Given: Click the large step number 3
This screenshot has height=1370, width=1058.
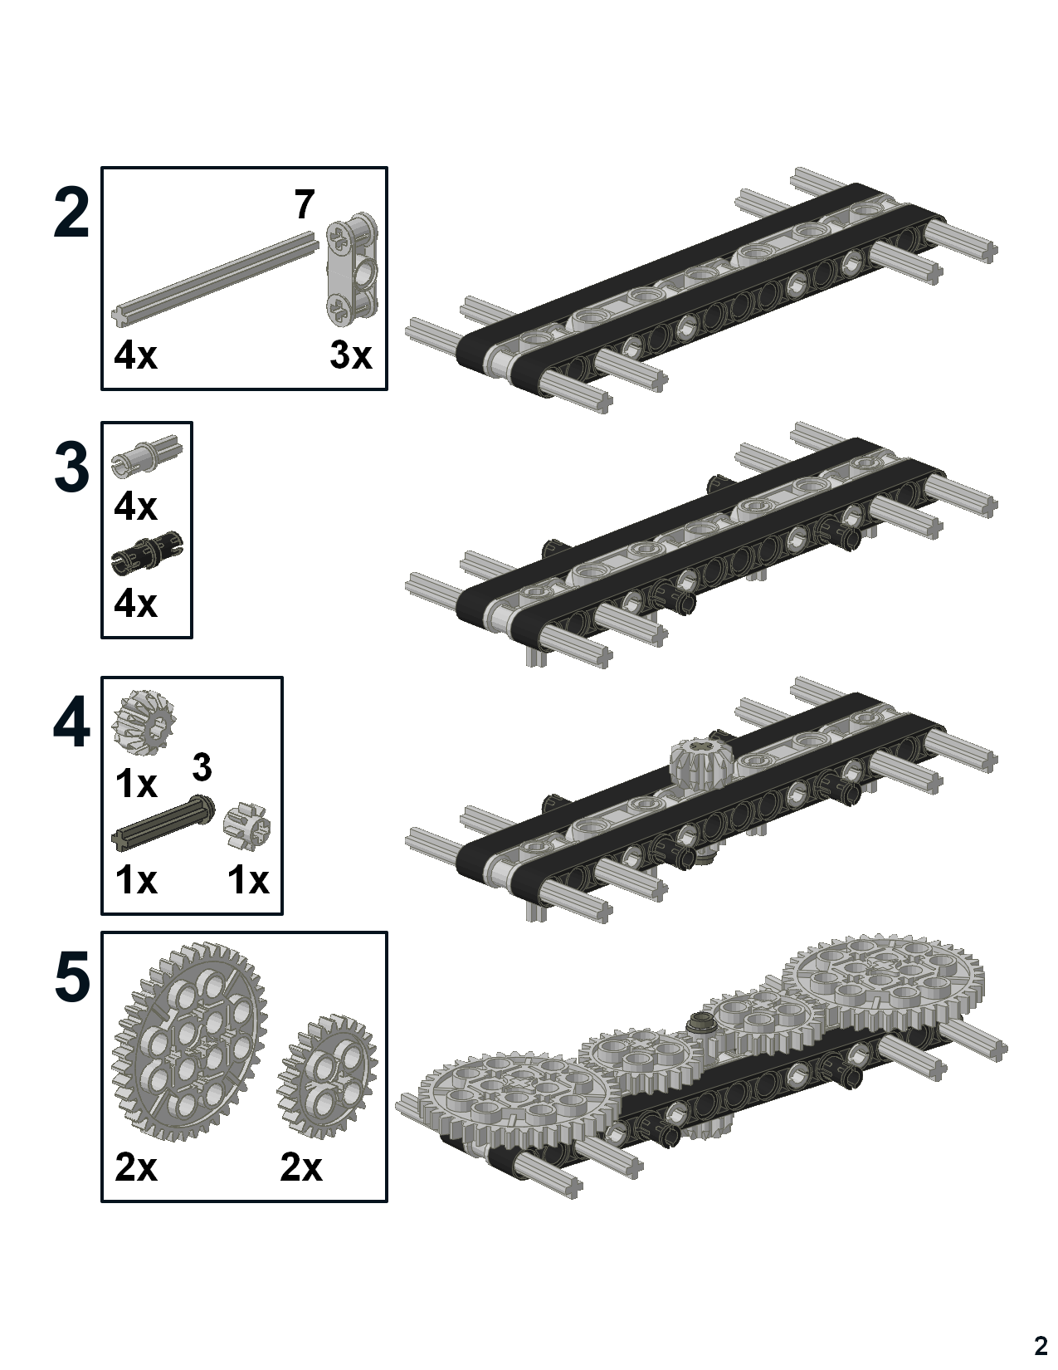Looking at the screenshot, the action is pyautogui.click(x=71, y=468).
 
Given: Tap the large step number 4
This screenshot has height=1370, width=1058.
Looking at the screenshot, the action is pyautogui.click(x=71, y=724).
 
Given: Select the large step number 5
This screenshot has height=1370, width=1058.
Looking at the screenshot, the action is pyautogui.click(x=71, y=978).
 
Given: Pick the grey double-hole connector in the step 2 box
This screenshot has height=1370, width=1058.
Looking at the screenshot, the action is pyautogui.click(x=352, y=269).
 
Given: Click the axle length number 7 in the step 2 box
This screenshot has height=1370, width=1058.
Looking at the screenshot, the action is pyautogui.click(x=305, y=205).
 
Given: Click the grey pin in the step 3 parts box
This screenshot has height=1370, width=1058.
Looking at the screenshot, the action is pyautogui.click(x=146, y=454).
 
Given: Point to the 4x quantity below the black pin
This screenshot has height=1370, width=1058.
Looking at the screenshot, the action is pyautogui.click(x=135, y=604).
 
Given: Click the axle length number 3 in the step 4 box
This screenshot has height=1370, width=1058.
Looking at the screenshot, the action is pyautogui.click(x=202, y=768).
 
